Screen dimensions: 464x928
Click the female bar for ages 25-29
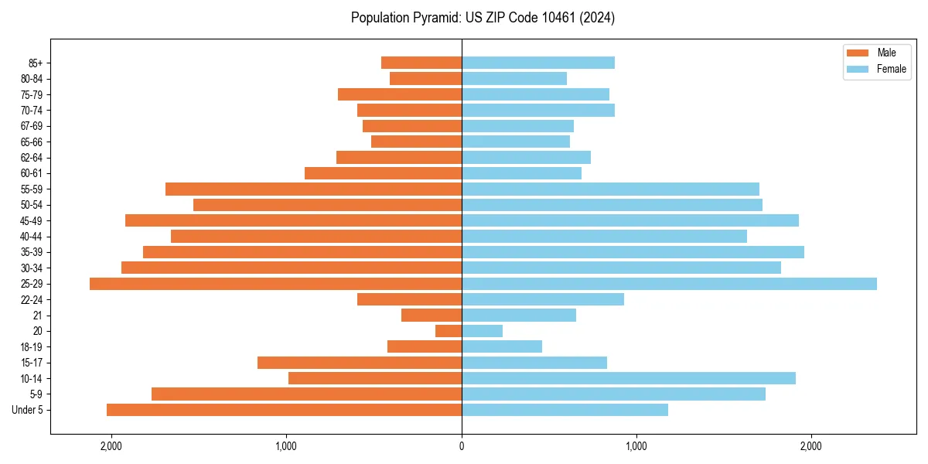pyautogui.click(x=669, y=284)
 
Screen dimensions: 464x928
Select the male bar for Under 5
pyautogui.click(x=284, y=410)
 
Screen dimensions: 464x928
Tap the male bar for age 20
pyautogui.click(x=449, y=331)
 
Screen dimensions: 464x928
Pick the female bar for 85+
pyautogui.click(x=538, y=63)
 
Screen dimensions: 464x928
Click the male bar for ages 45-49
pyautogui.click(x=293, y=220)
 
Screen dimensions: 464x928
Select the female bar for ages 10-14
pyautogui.click(x=628, y=378)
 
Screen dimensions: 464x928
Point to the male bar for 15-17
pyautogui.click(x=360, y=363)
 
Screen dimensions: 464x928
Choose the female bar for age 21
pyautogui.click(x=519, y=315)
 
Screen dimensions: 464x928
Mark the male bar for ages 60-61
pyautogui.click(x=383, y=173)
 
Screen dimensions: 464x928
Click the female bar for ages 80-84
pyautogui.click(x=514, y=78)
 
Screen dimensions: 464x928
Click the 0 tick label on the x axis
pyautogui.click(x=462, y=446)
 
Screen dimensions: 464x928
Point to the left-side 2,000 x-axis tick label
pyautogui.click(x=111, y=446)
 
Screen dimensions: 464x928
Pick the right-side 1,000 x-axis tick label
pyautogui.click(x=636, y=446)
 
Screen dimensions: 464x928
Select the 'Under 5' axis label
pyautogui.click(x=27, y=410)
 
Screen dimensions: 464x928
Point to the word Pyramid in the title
pyautogui.click(x=433, y=18)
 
